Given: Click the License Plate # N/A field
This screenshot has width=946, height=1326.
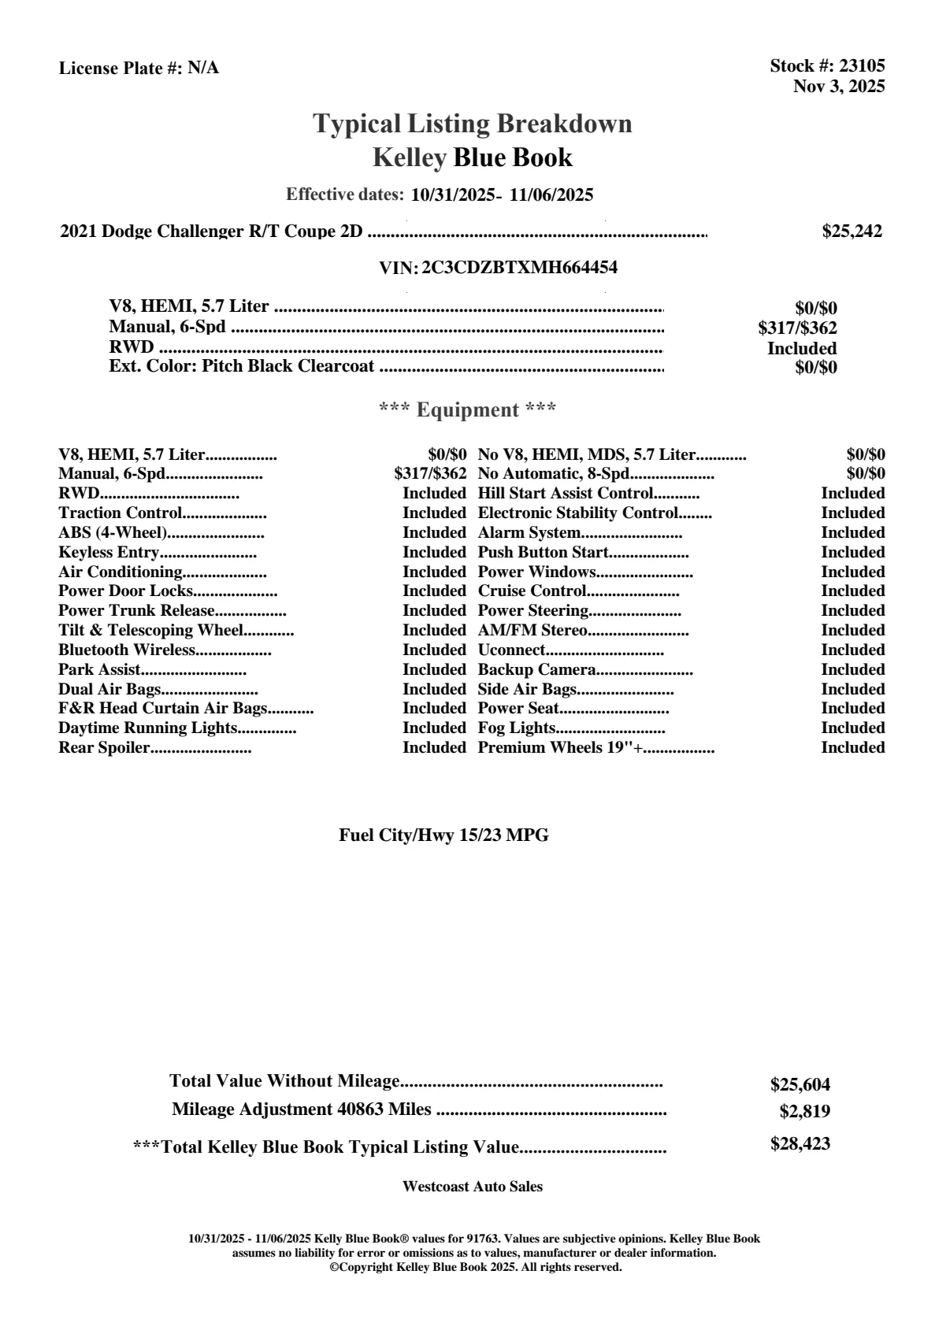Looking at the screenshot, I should pos(139,69).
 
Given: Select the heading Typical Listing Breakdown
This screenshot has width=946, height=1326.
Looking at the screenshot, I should pos(473,124).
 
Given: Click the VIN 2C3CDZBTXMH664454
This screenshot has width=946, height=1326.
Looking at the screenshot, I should pos(519,268).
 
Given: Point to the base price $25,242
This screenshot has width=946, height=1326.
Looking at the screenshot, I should pos(851,231).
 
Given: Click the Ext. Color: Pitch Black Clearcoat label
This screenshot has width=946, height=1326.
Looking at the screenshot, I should pos(241,366).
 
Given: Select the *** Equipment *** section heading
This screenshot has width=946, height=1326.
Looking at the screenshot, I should pos(468,409).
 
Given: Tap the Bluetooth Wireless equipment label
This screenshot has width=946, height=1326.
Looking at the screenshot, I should pos(126,650).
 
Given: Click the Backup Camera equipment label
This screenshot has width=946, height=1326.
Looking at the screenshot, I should pos(536,670).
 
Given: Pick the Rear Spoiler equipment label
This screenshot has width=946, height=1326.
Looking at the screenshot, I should pos(104,748).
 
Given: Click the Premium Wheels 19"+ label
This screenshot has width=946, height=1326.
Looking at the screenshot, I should pos(561,748).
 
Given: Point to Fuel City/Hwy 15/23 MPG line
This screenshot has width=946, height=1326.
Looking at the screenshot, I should pos(443,835).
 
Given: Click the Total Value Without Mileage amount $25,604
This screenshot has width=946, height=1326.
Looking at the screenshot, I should pos(799,1085).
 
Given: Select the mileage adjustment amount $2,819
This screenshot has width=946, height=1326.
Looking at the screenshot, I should pos(804,1112).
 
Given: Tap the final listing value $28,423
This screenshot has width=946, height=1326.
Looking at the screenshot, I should pos(799,1144).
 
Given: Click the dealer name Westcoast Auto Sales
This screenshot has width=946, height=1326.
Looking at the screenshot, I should pos(472,1187).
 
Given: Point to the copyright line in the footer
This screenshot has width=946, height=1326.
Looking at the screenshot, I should pos(475,1267).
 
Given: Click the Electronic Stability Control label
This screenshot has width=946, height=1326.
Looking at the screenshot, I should pos(578,513).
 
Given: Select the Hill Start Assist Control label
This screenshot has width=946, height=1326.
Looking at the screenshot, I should pos(566,494).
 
